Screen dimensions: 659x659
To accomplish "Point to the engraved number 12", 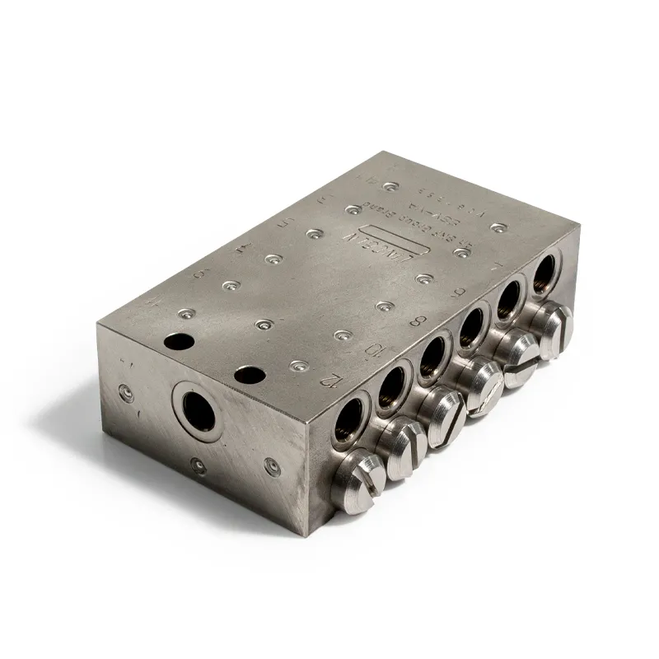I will [x=330, y=379].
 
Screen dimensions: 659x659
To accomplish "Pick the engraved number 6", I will [x=458, y=291].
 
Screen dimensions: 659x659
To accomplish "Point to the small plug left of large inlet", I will [x=125, y=392].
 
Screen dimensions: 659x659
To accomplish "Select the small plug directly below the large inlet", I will [x=197, y=465].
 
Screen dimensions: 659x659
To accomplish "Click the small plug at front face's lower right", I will [x=270, y=466].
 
